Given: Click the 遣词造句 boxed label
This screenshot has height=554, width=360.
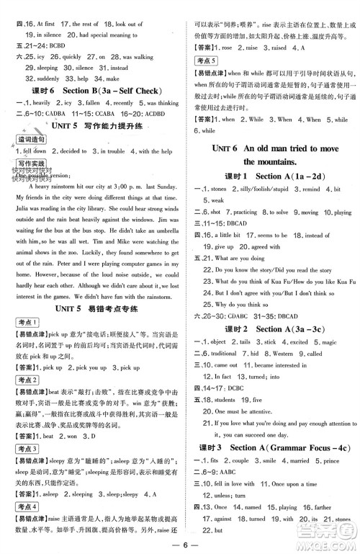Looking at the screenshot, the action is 27,138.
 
